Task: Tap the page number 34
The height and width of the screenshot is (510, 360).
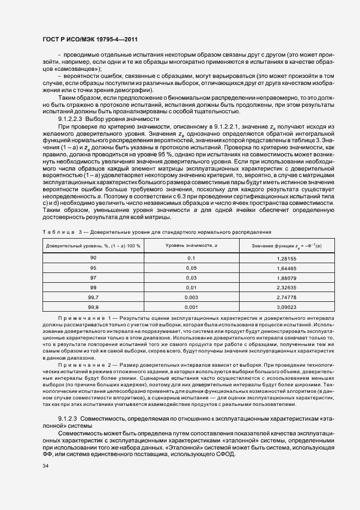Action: [x=45, y=466]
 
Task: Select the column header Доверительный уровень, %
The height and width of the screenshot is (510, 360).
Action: [x=93, y=246]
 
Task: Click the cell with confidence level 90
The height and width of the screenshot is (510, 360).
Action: [x=93, y=258]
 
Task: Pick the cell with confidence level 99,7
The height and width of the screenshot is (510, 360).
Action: [x=93, y=297]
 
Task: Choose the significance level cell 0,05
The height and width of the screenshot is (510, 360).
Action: [x=191, y=268]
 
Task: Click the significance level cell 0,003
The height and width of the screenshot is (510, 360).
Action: [x=191, y=297]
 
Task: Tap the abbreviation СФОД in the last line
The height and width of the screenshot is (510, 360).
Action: [x=224, y=455]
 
